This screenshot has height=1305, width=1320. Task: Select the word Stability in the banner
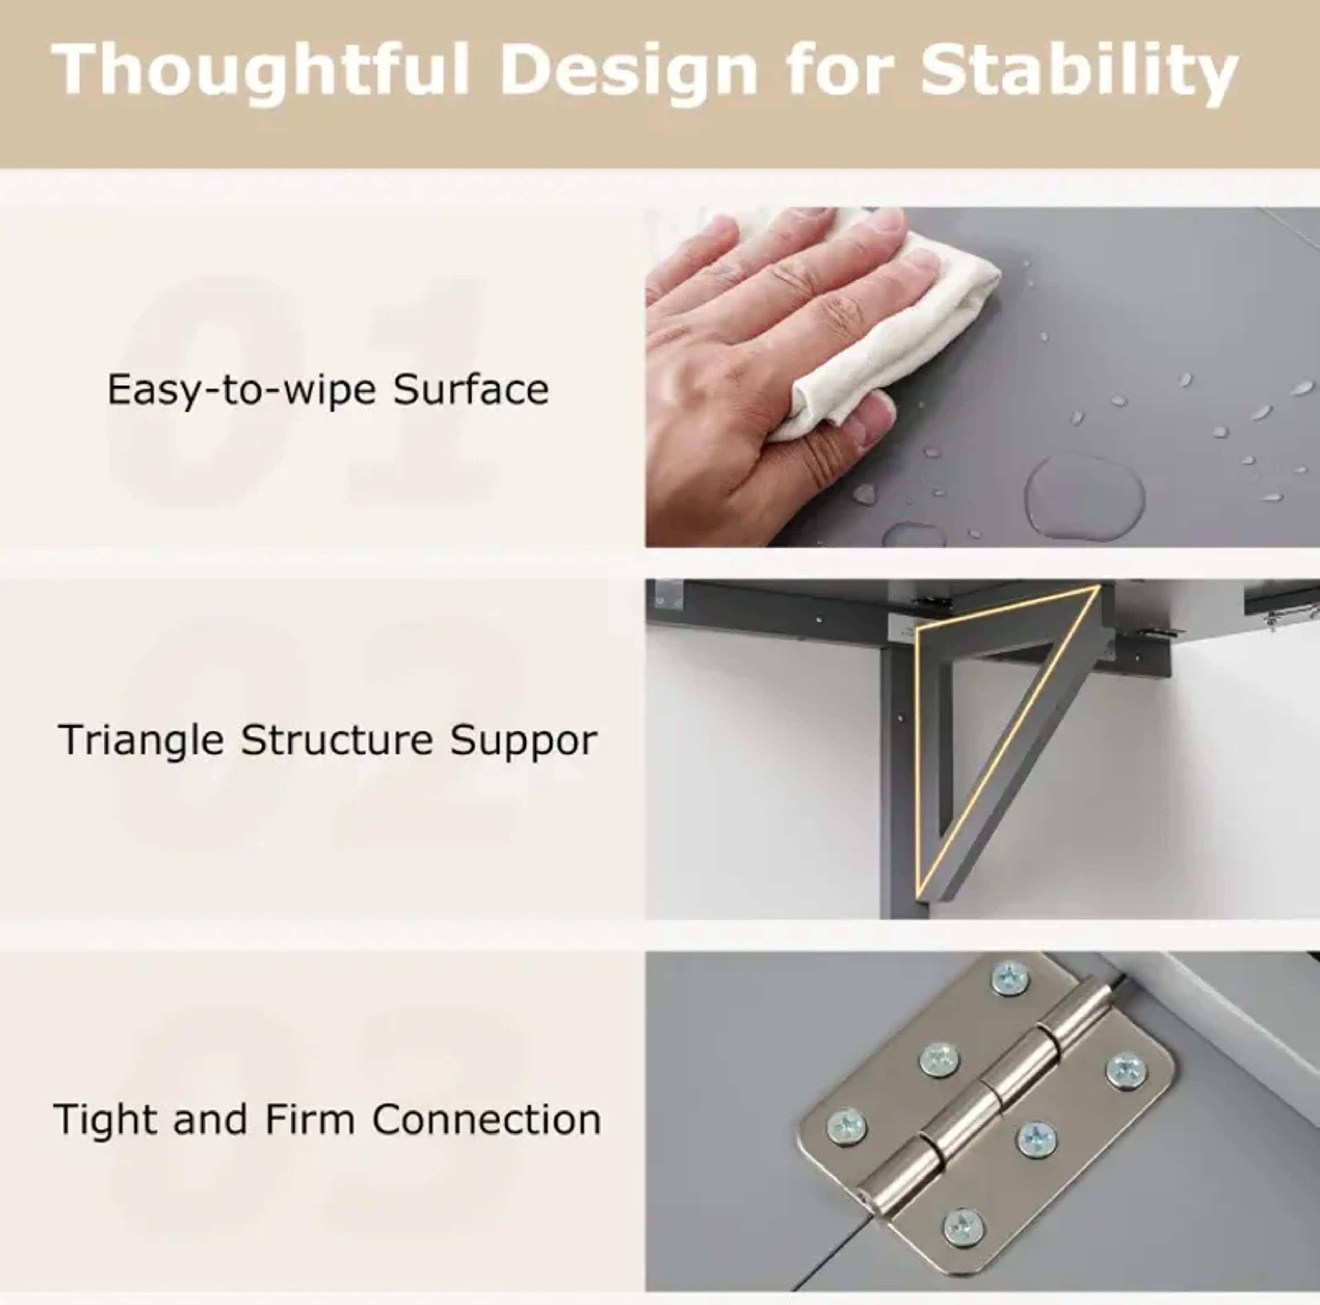[1079, 70]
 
